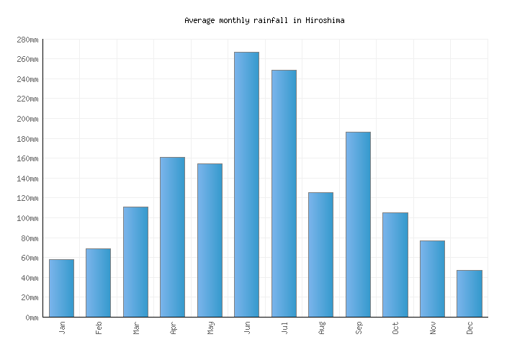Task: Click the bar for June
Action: click(x=246, y=184)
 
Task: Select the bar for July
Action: click(x=284, y=193)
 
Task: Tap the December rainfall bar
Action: click(x=469, y=293)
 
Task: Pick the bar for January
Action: click(x=61, y=288)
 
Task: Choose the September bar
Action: click(x=358, y=224)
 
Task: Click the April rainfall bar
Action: click(x=172, y=237)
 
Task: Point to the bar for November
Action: click(x=432, y=279)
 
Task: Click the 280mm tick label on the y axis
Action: click(x=26, y=40)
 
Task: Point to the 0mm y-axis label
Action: click(x=30, y=318)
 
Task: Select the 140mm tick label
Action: click(x=26, y=179)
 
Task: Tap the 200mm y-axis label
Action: click(x=26, y=119)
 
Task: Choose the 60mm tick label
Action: click(x=28, y=258)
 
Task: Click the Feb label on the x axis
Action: click(x=99, y=328)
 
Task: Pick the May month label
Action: click(x=210, y=328)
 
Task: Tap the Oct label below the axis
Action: click(x=395, y=328)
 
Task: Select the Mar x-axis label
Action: click(x=136, y=328)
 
